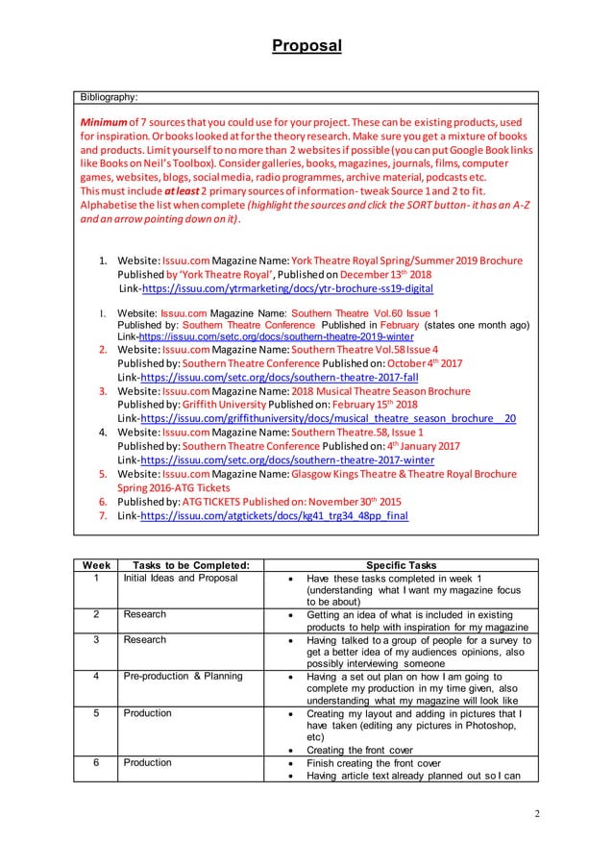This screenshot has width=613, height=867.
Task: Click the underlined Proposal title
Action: click(306, 45)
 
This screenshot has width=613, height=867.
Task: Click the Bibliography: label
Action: click(109, 97)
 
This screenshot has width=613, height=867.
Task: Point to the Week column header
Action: click(93, 565)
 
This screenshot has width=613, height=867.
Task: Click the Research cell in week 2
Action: click(144, 613)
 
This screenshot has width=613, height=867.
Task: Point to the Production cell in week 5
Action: click(147, 713)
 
